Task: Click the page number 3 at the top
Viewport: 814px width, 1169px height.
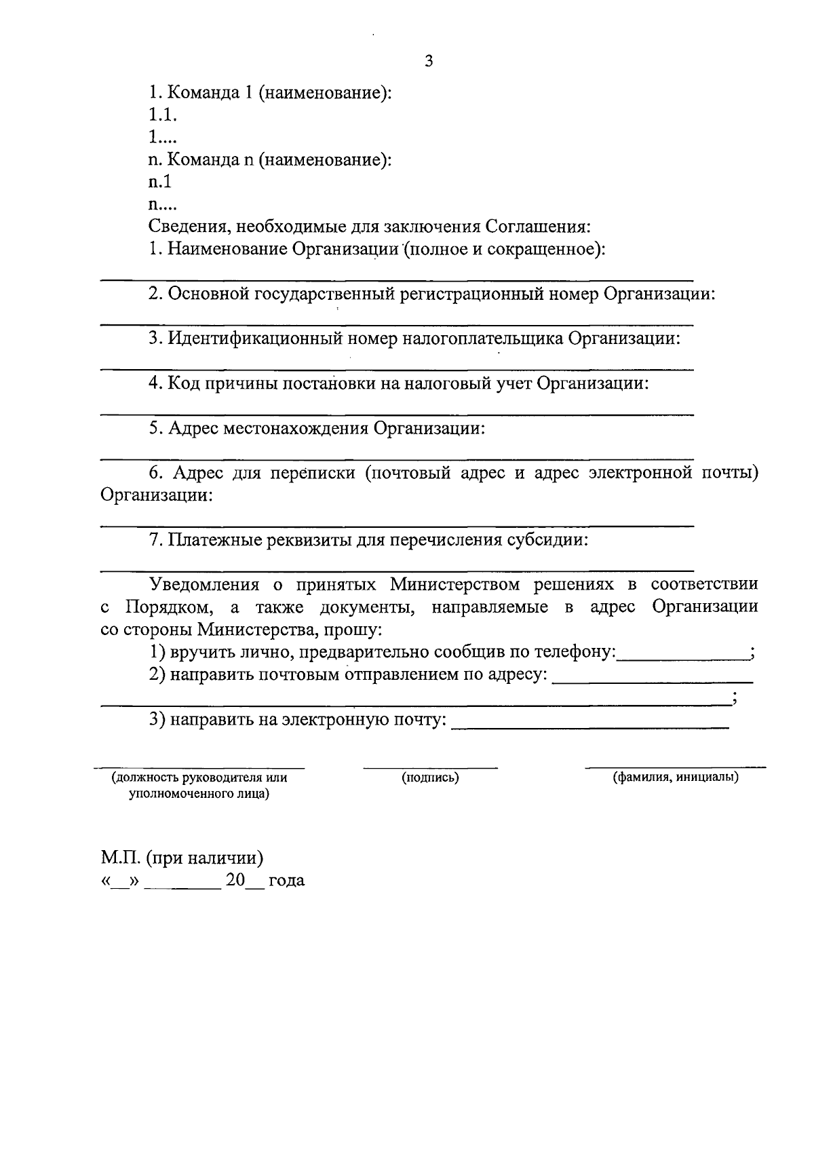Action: [428, 62]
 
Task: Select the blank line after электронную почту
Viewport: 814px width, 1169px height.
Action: [589, 727]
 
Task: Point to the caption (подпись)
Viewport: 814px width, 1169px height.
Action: [430, 778]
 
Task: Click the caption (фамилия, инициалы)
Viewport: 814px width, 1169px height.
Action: [676, 778]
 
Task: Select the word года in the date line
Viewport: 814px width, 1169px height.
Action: [286, 881]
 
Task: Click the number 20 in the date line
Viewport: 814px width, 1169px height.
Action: [235, 881]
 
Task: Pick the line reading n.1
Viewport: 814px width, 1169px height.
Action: [161, 182]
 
